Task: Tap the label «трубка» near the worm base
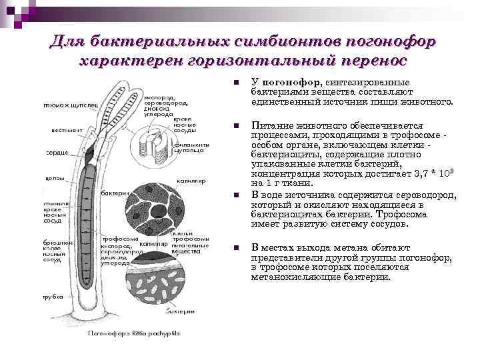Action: coord(53,296)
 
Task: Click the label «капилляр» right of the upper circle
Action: coord(191,180)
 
